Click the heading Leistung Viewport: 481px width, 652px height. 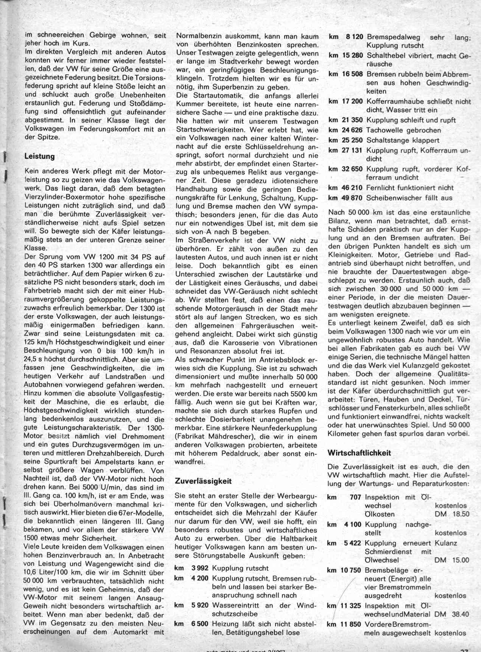point(39,156)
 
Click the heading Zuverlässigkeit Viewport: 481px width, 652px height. point(203,481)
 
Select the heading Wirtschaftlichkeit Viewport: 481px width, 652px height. point(360,452)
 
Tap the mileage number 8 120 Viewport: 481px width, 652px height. point(354,37)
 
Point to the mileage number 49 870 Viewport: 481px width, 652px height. point(352,198)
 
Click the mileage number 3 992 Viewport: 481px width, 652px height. point(200,568)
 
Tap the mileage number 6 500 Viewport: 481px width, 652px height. point(200,624)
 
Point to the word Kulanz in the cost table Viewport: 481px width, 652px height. point(446,543)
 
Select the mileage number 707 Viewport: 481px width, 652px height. point(355,497)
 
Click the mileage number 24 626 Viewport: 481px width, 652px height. point(352,130)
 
